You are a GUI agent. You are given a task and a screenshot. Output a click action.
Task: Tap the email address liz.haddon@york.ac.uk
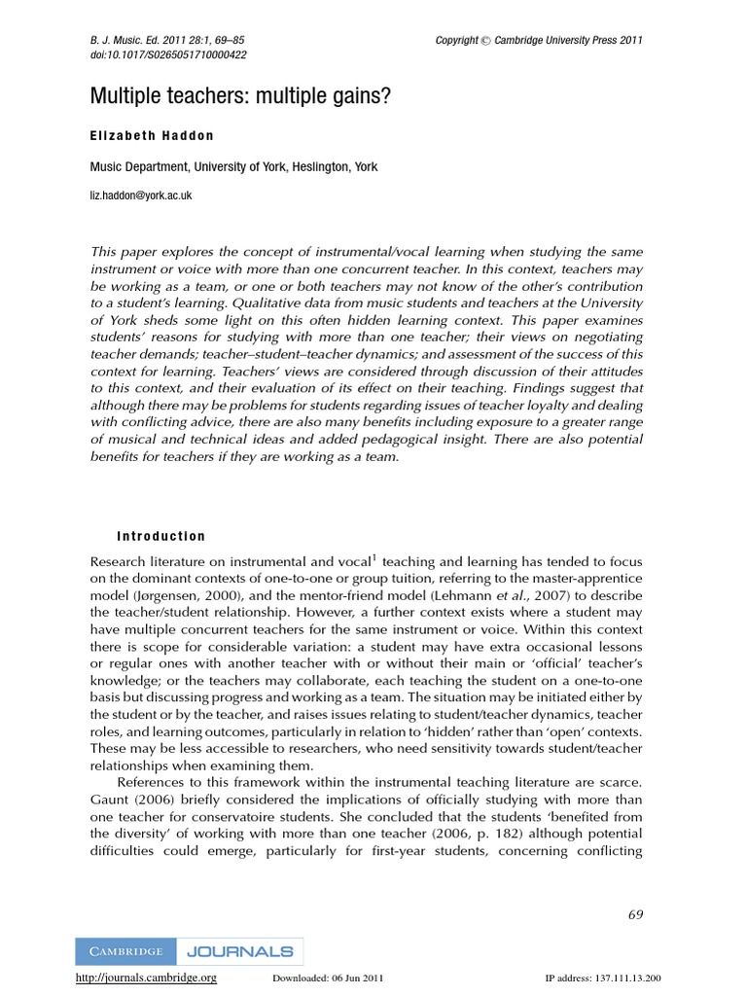(141, 196)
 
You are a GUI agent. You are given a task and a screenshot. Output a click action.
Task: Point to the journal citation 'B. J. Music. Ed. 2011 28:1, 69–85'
(167, 40)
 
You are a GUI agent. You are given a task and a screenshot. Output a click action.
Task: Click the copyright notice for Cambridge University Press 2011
(539, 40)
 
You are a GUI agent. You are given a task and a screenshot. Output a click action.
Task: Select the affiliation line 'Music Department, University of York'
(233, 167)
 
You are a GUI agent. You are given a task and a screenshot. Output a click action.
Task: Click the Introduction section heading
(160, 536)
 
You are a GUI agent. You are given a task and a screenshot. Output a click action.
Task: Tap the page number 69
(635, 913)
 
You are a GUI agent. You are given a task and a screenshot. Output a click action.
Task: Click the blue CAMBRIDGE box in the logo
(125, 951)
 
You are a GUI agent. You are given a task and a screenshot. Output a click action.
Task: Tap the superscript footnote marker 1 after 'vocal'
(373, 557)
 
